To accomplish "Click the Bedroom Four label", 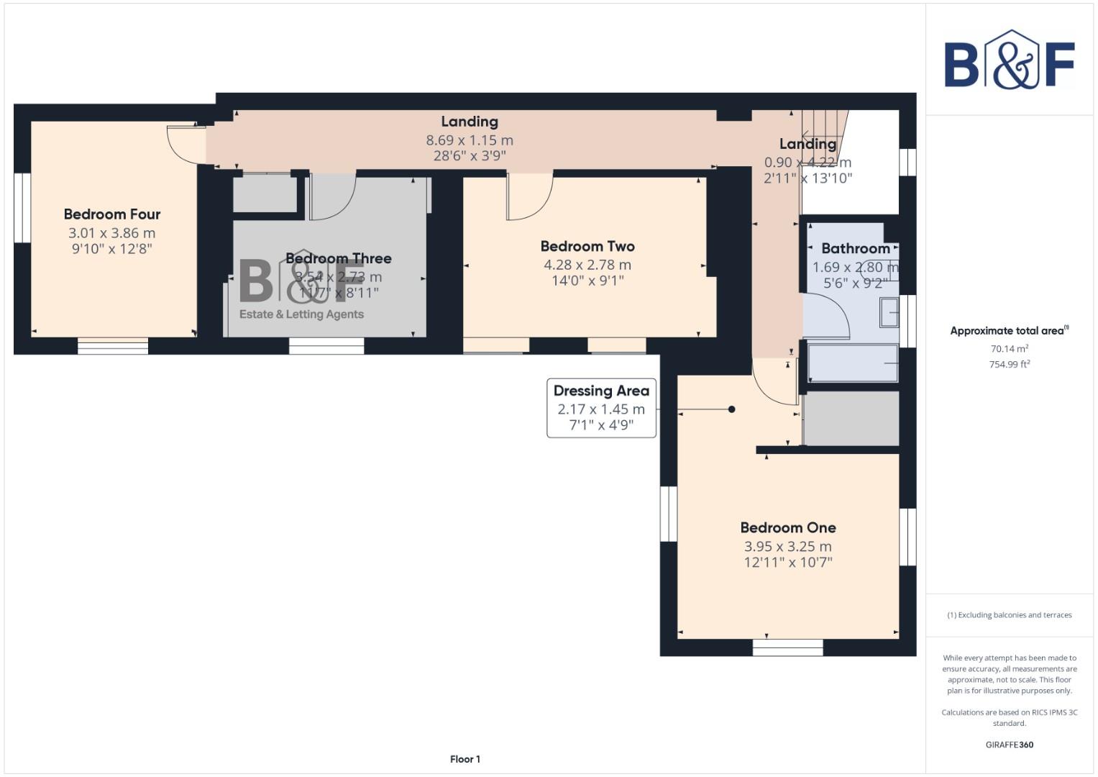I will (112, 214).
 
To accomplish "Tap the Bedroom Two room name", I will (587, 246).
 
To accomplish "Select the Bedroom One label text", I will (788, 527).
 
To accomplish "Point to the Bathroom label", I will (856, 248).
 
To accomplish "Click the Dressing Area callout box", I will (601, 408).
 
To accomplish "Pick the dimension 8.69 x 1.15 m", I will (470, 140).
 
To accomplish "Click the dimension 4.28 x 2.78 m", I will (587, 265).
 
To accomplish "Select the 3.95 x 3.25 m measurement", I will (788, 546).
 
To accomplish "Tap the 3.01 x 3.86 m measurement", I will (112, 233).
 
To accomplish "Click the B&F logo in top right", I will (1009, 60).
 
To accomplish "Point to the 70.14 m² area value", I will (1009, 349).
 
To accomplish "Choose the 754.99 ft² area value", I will (1009, 364).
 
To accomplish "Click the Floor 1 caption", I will (465, 759).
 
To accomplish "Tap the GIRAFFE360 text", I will (1009, 745).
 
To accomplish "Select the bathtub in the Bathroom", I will (853, 363).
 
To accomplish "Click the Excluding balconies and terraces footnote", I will (1009, 615).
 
